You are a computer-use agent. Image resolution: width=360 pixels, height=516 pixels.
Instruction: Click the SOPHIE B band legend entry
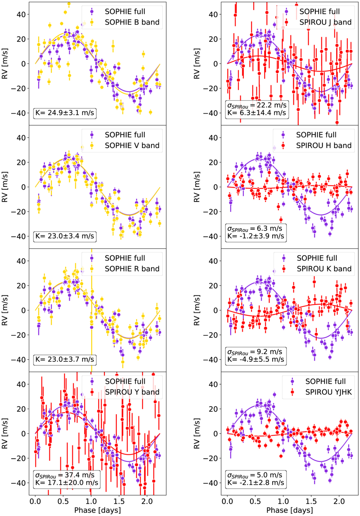(132, 22)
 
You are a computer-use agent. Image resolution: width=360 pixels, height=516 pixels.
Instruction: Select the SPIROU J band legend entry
(325, 22)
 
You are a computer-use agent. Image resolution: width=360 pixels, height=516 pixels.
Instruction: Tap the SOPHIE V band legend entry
(132, 145)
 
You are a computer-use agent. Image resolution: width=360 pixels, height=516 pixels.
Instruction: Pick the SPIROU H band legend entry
(324, 145)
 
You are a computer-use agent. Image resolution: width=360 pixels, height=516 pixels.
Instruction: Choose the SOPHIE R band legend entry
(132, 269)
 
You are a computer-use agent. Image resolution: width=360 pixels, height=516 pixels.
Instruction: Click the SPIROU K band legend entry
(324, 269)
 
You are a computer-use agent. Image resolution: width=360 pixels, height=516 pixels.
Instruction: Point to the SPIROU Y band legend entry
(132, 392)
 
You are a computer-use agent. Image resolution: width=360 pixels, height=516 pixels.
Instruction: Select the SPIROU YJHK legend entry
(328, 392)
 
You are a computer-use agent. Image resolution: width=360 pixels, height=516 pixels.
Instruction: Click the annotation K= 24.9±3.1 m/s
(65, 113)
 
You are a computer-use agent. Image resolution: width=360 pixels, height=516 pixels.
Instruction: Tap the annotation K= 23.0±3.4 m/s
(65, 236)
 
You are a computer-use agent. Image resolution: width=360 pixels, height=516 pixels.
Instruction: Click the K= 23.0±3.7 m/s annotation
(65, 359)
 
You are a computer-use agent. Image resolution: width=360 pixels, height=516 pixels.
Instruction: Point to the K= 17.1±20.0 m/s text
(67, 483)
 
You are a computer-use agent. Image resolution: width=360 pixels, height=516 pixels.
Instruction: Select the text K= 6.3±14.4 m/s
(257, 113)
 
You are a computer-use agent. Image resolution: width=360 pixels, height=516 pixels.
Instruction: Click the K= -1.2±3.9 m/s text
(256, 236)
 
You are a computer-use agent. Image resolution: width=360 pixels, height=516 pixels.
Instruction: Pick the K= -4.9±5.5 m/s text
(256, 359)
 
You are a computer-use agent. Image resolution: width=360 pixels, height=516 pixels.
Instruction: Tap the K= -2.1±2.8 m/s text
(256, 483)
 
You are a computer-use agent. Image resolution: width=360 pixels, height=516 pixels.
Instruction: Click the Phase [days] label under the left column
(97, 510)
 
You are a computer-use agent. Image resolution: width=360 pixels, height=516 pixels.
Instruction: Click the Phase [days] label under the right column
(289, 510)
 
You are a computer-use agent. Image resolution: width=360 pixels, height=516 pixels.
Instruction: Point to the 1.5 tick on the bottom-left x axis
(119, 501)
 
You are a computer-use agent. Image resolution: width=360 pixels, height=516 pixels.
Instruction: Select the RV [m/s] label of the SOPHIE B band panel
(5, 64)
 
